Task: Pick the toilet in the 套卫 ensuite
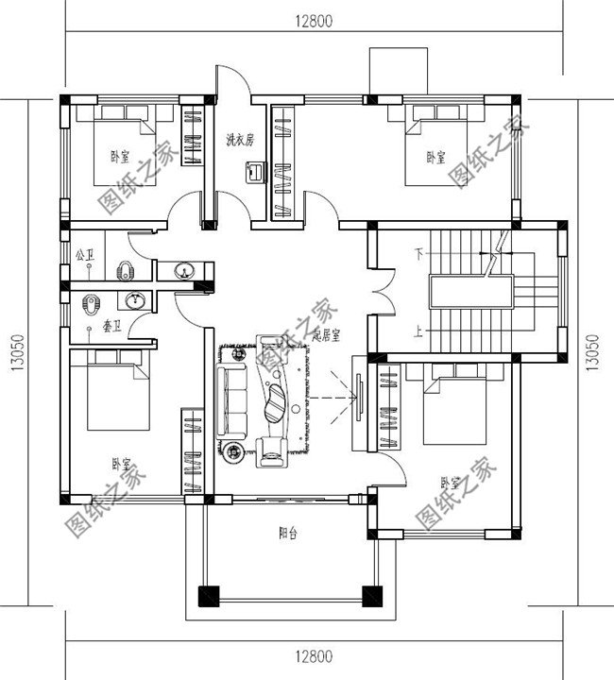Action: click(x=91, y=304)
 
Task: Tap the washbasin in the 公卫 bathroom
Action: click(x=182, y=272)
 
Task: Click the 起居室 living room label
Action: click(x=326, y=334)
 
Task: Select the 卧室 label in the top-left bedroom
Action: click(x=120, y=157)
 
